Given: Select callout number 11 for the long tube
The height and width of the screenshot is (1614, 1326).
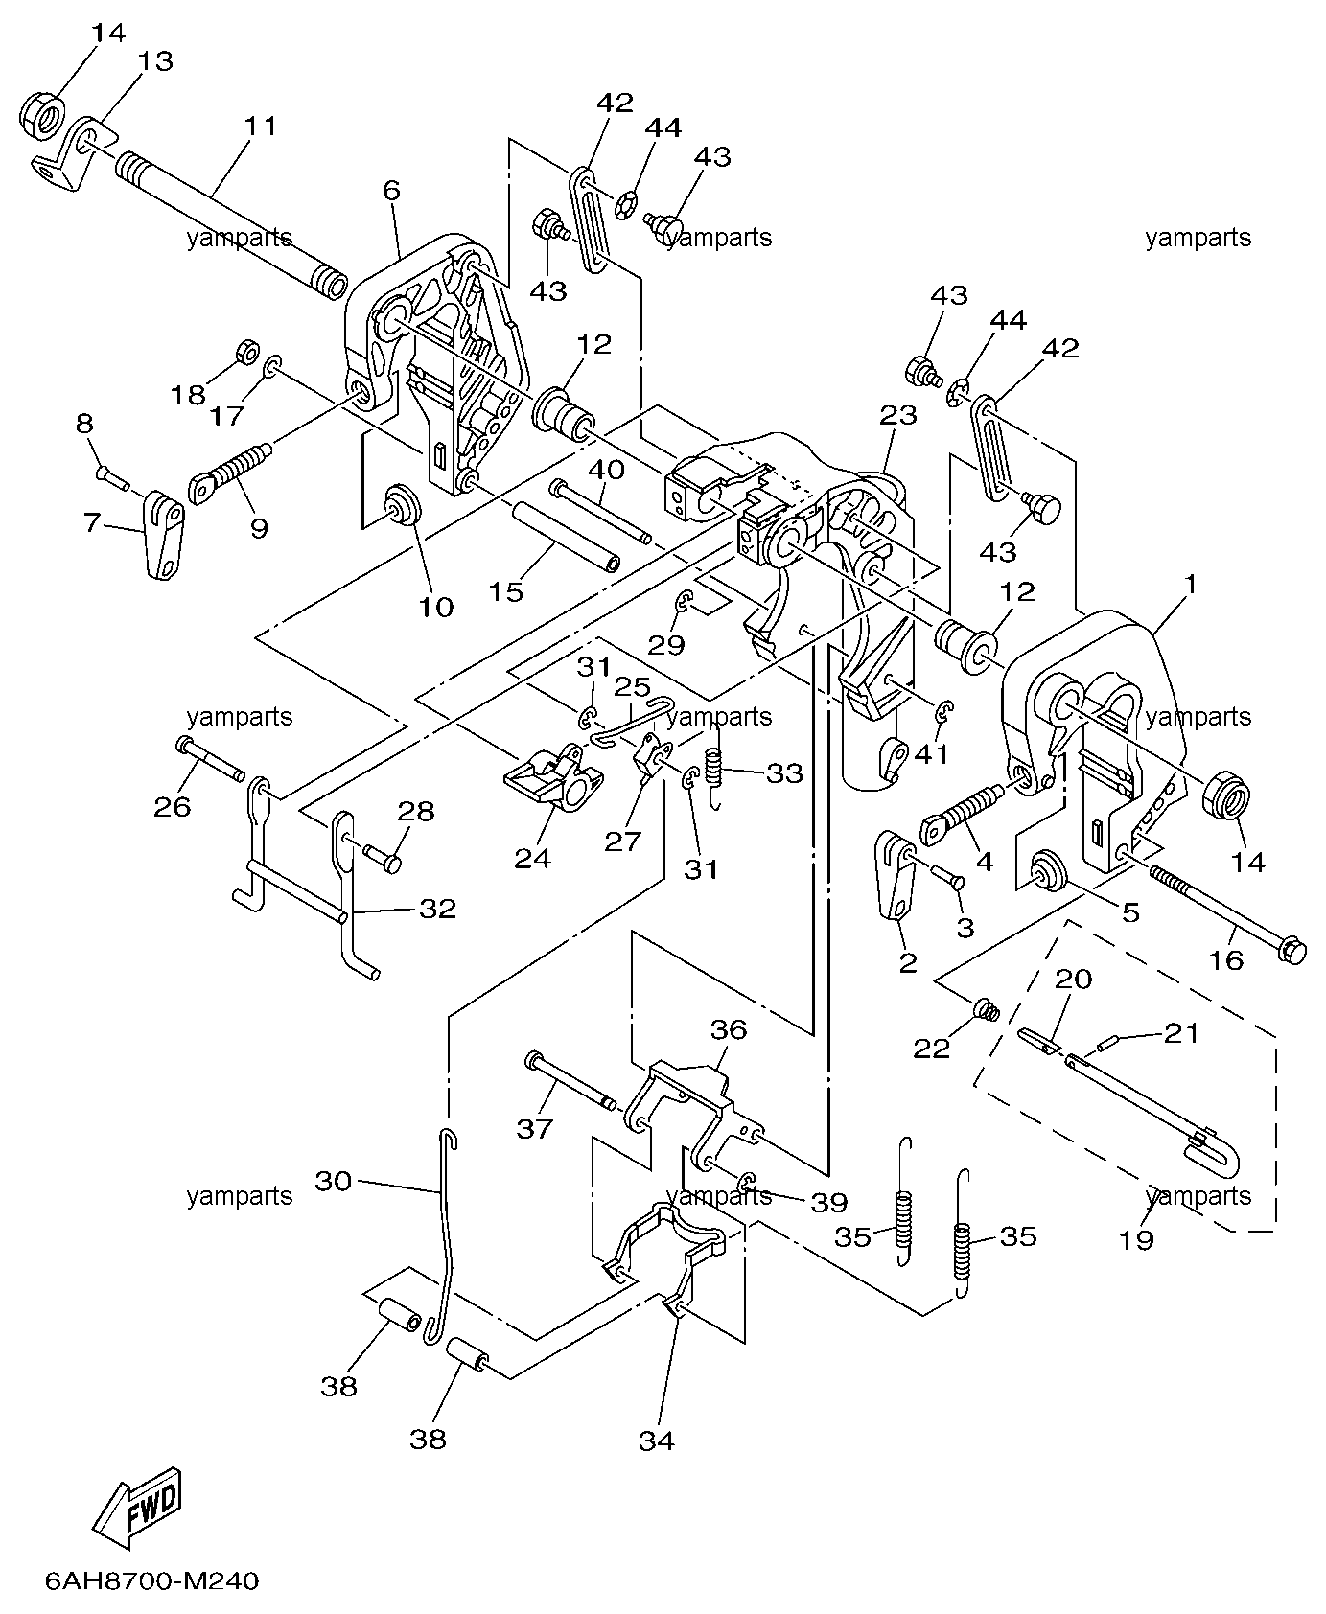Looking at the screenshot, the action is pyautogui.click(x=260, y=127).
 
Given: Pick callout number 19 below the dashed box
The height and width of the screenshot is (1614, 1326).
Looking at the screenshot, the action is pyautogui.click(x=1136, y=1240).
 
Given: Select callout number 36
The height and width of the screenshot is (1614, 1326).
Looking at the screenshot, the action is pyautogui.click(x=729, y=1029).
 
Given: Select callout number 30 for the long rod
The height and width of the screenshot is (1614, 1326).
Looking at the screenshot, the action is pyautogui.click(x=334, y=1182).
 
